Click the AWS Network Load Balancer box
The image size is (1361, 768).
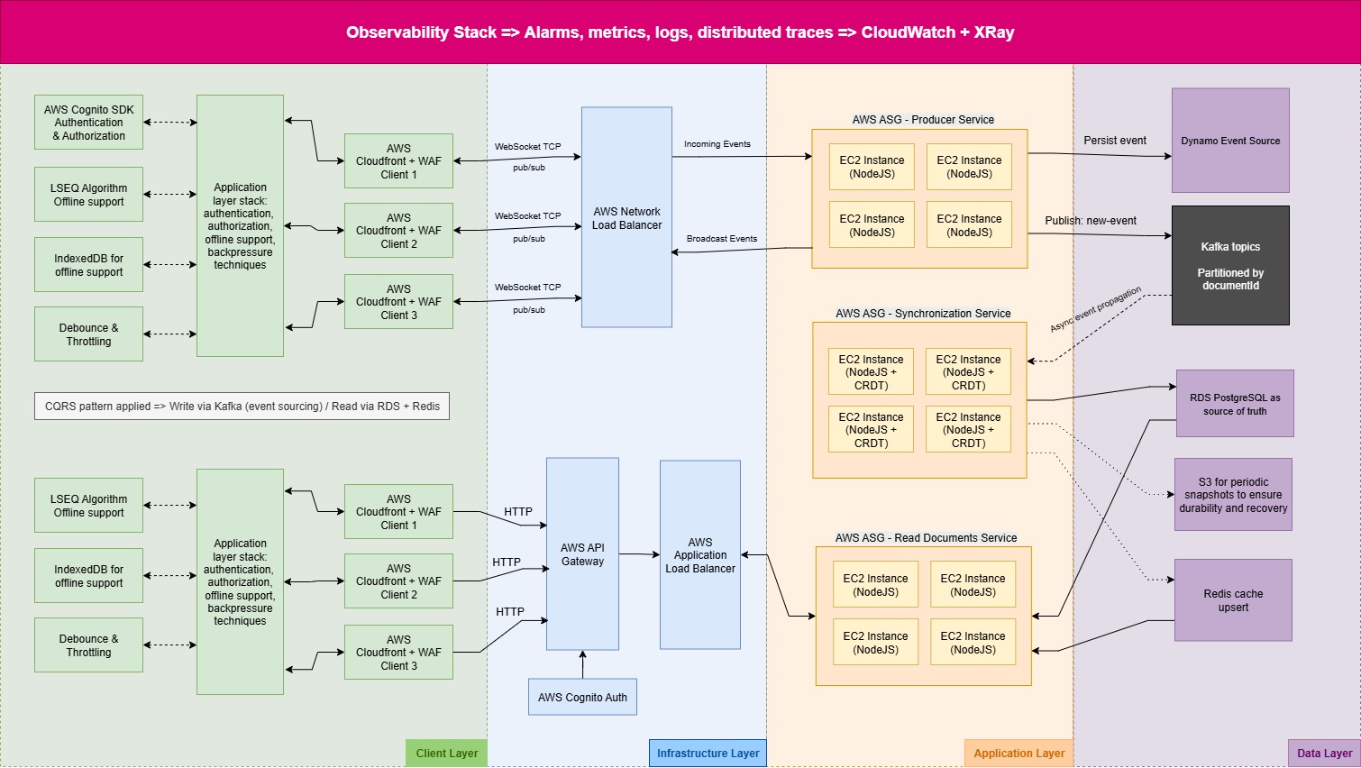pos(626,217)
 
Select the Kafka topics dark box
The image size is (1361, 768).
pos(1230,265)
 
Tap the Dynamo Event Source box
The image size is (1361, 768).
pos(1230,141)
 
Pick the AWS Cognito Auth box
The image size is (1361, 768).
pos(582,697)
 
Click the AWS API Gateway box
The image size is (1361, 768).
pos(582,554)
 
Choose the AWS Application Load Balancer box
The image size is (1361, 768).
pos(700,555)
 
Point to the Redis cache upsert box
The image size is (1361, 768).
pos(1233,600)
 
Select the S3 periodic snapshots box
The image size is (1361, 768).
pos(1233,495)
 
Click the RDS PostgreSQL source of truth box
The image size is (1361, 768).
pos(1235,404)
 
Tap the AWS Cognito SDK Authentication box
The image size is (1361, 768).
pos(88,123)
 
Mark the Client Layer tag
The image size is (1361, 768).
pos(447,754)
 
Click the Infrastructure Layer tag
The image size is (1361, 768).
pos(708,754)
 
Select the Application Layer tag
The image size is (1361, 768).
pos(1018,754)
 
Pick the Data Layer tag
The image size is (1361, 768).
pos(1324,754)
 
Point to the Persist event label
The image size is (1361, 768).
pos(1115,141)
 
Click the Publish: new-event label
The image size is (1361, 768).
pos(1091,221)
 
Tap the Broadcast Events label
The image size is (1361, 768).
pos(722,239)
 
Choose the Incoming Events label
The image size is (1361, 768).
pos(717,144)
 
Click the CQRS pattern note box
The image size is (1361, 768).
pos(242,407)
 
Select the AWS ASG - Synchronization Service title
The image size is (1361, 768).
pos(923,314)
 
